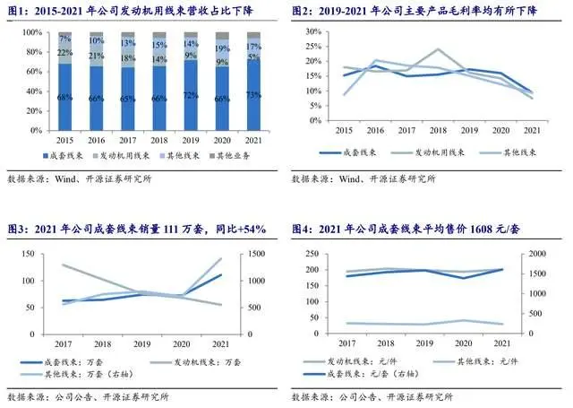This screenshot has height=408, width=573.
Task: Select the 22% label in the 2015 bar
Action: click(64, 54)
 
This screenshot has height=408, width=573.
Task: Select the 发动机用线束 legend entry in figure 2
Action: click(421, 154)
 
